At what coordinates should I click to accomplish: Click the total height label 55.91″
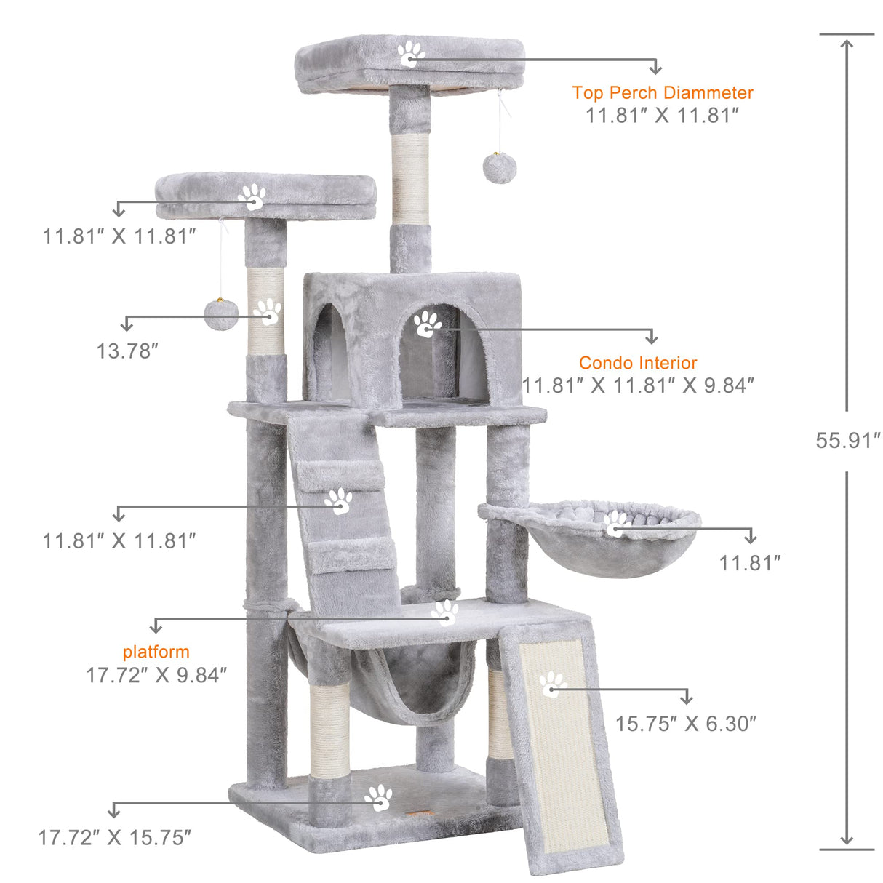tap(847, 440)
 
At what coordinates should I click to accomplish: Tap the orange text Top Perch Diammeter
tap(662, 92)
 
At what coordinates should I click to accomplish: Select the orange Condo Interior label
tap(637, 362)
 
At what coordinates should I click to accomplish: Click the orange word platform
tap(156, 652)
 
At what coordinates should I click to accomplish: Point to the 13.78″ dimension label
tap(127, 351)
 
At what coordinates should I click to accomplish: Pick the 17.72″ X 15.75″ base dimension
tap(114, 837)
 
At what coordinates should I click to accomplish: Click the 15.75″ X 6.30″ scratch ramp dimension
tap(685, 724)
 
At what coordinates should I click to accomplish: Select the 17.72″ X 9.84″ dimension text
tap(156, 675)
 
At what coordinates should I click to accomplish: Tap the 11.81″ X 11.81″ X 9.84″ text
tap(637, 385)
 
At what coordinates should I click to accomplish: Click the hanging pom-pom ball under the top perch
tap(499, 168)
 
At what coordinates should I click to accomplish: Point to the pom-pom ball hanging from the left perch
tap(221, 313)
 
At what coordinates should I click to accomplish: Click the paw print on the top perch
tap(411, 54)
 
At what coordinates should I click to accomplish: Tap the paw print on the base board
tap(378, 798)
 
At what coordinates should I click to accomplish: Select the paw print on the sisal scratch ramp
tap(553, 684)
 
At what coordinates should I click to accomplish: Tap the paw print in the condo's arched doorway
tap(427, 324)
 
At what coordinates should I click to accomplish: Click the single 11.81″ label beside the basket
tap(749, 562)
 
